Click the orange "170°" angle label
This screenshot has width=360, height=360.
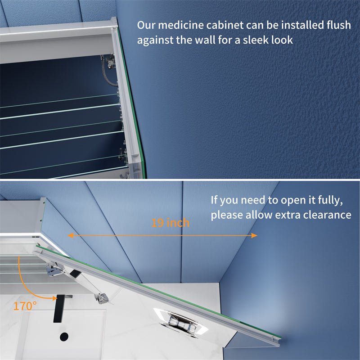(24, 306)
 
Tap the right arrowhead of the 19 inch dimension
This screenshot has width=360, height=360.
(254, 235)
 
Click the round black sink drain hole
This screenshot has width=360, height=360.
(63, 336)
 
